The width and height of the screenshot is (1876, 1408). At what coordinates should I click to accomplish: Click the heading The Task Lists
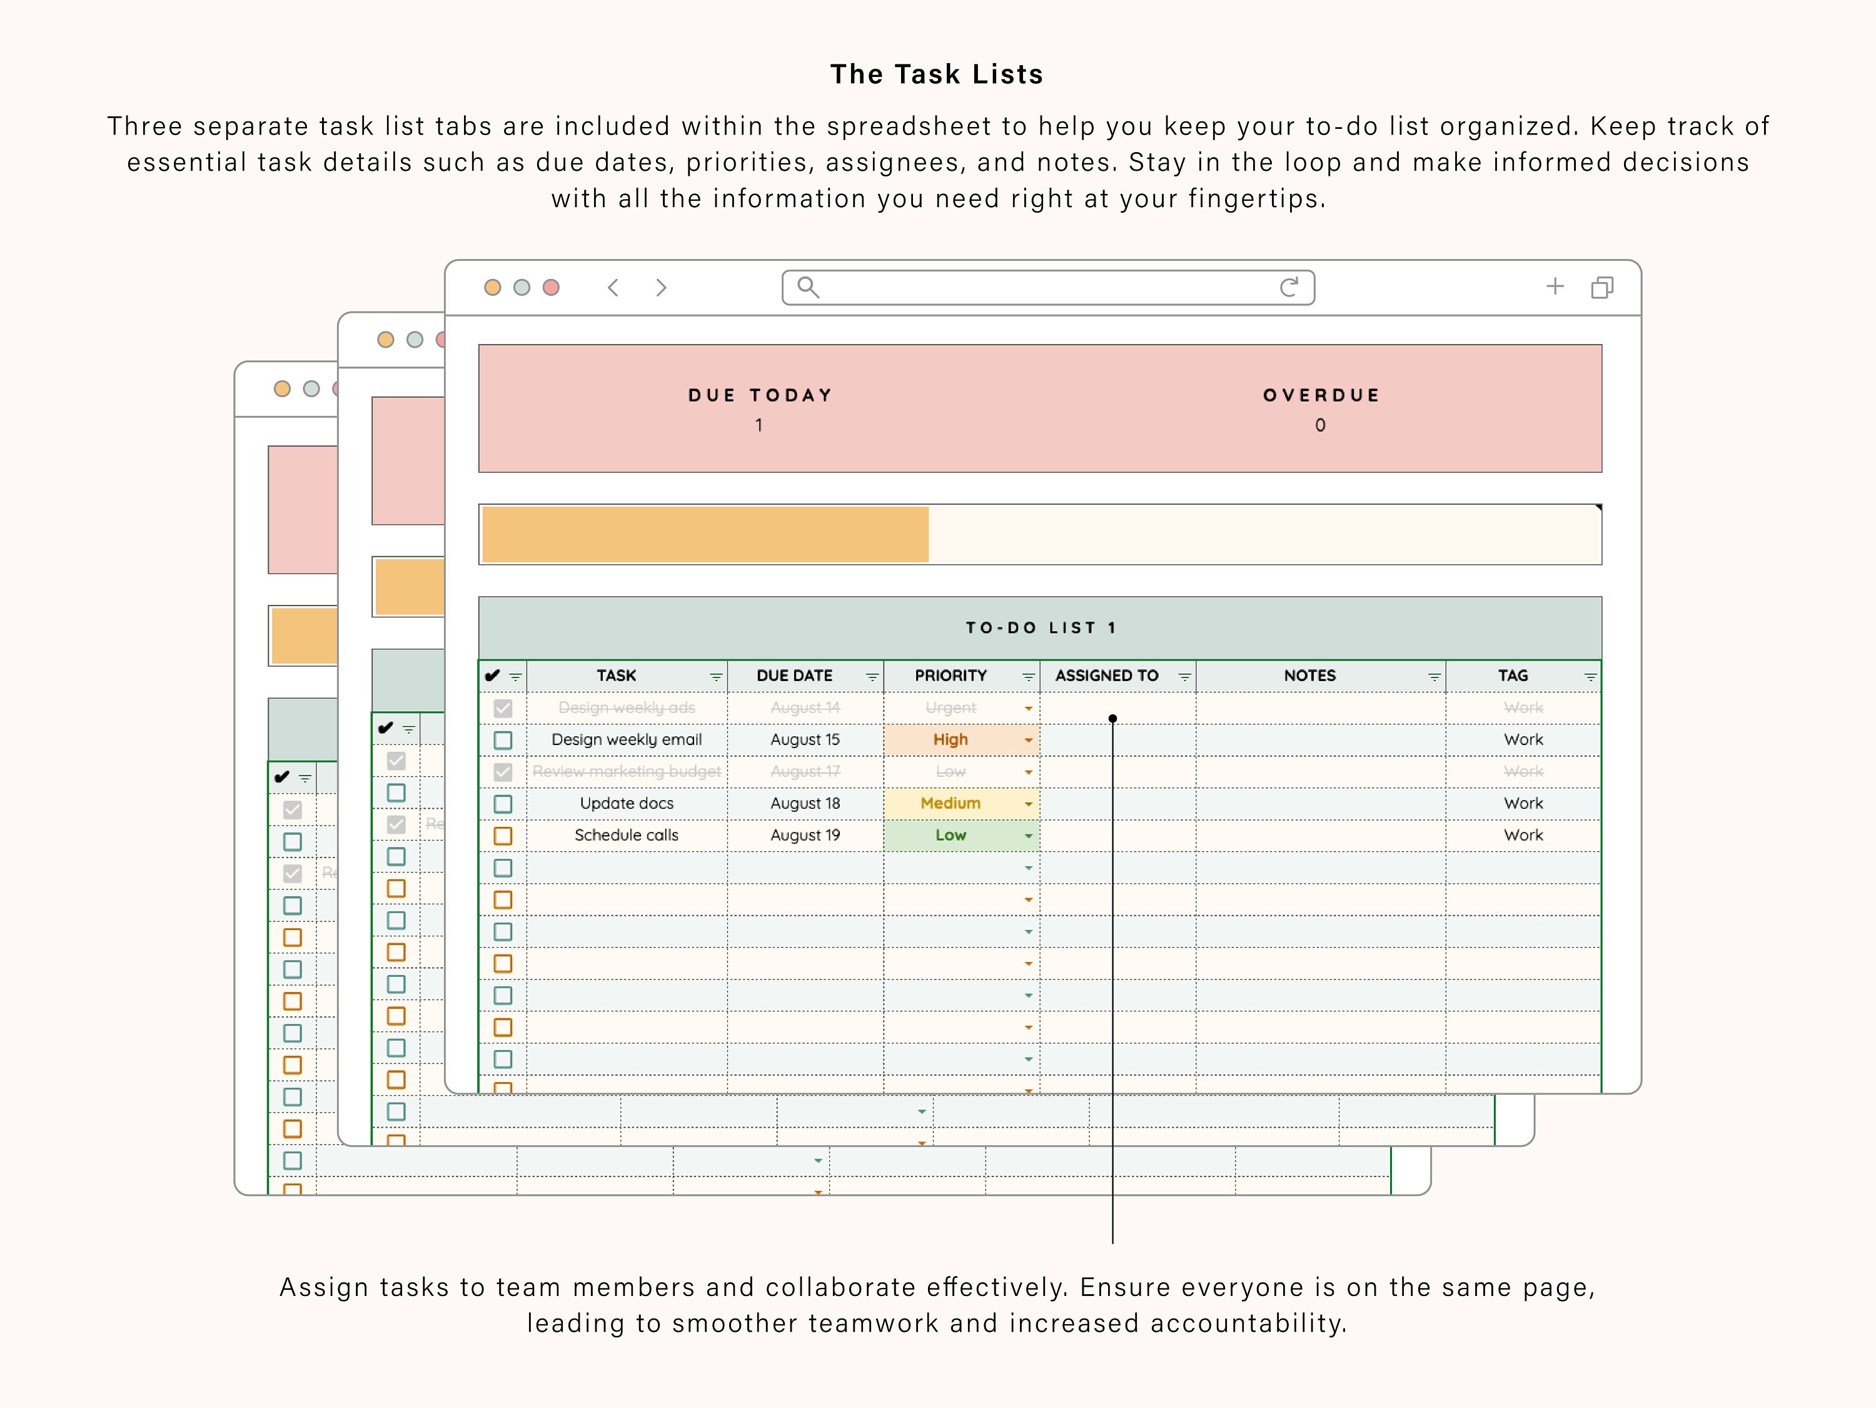[936, 74]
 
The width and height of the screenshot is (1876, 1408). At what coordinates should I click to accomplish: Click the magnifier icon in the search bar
[808, 288]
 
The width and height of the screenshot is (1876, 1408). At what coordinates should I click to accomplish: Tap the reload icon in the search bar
[1288, 288]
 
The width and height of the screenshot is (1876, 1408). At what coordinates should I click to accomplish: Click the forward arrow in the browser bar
[661, 288]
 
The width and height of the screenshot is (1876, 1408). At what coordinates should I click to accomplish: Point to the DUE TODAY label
[760, 395]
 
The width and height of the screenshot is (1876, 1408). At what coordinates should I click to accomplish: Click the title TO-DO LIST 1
[1041, 627]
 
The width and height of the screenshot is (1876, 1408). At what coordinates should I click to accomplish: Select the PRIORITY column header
[950, 676]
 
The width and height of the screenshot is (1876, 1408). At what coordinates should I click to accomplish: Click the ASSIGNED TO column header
[1106, 676]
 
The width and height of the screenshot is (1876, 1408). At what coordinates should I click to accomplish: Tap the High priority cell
[950, 739]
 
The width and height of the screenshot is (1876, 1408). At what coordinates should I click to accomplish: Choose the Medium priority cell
[950, 803]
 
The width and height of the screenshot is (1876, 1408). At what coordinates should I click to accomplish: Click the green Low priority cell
[950, 836]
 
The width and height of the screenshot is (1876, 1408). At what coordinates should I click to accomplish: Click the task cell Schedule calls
[626, 836]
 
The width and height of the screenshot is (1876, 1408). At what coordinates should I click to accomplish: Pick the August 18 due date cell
[805, 803]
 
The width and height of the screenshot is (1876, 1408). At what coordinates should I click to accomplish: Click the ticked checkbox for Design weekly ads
[503, 708]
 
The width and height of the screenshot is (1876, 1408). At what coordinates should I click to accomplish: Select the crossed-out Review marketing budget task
[626, 772]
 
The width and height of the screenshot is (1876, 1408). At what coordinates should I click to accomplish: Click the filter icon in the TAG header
[1590, 677]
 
